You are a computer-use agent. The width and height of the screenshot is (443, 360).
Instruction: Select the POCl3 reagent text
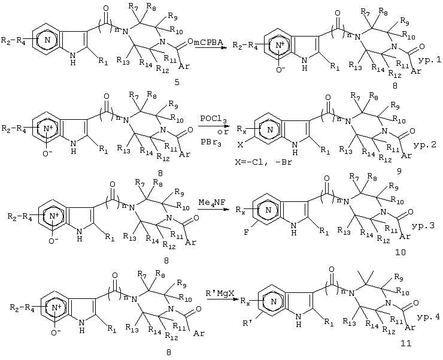coord(213,119)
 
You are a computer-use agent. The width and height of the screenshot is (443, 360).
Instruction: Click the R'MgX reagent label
coord(220,294)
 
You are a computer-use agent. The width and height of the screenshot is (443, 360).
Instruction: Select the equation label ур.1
coord(429,60)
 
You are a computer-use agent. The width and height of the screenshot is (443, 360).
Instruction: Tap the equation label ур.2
coord(424,146)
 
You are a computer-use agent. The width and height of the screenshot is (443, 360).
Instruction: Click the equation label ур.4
coord(428,317)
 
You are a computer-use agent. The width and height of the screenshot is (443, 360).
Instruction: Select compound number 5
coord(177,82)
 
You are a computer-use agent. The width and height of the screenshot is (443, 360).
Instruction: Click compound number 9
coord(399,171)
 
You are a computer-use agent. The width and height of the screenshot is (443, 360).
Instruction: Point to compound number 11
coord(406,344)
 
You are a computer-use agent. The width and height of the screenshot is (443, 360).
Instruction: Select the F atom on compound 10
coord(247,233)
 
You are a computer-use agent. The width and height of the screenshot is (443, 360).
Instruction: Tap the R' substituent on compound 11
coord(247,323)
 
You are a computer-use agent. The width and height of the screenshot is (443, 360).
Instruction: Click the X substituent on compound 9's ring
coord(240,145)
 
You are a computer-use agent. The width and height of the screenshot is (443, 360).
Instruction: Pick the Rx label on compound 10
coord(239,210)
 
